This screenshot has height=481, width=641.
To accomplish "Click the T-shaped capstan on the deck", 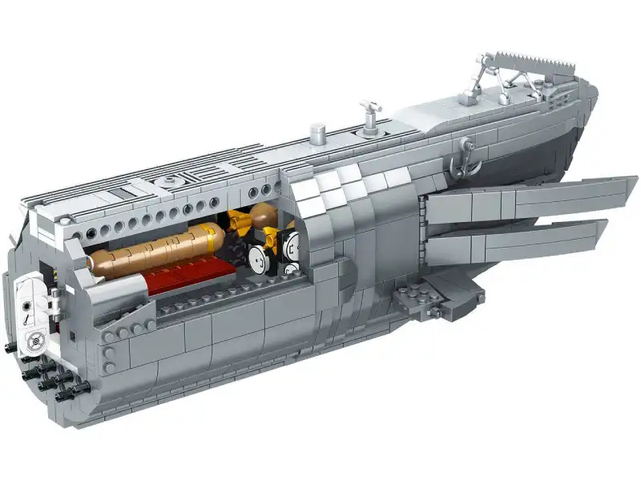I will pyautogui.click(x=369, y=110).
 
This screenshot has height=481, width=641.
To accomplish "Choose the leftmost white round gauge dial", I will pyautogui.click(x=257, y=258).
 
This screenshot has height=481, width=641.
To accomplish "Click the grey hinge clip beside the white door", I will pyautogui.click(x=54, y=303).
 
